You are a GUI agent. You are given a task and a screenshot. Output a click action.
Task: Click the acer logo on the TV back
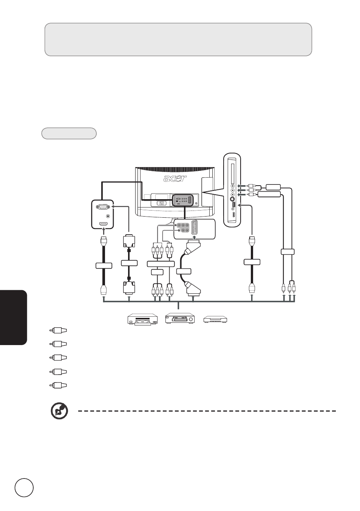click(x=175, y=178)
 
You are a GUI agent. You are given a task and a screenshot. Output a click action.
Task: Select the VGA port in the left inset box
click(x=103, y=207)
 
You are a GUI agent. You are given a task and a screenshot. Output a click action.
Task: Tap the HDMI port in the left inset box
click(x=104, y=225)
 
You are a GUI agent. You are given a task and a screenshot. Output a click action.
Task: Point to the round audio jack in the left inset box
click(x=108, y=216)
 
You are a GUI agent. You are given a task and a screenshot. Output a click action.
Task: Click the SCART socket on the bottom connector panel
click(x=195, y=227)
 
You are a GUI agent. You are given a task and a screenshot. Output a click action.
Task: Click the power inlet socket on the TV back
click(x=162, y=203)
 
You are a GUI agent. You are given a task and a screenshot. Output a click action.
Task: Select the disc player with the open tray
click(x=142, y=319)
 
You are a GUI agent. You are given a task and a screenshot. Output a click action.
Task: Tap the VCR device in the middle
click(x=180, y=318)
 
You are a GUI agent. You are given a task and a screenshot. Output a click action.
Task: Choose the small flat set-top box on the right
click(x=215, y=319)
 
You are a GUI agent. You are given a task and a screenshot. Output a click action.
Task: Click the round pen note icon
click(x=59, y=411)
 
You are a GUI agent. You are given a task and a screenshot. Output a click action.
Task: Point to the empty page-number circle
click(x=24, y=486)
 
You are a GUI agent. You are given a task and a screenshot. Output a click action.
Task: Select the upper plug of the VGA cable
click(x=129, y=241)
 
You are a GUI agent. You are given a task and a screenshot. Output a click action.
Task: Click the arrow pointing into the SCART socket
click(x=194, y=238)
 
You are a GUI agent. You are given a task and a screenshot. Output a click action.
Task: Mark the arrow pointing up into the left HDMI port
click(x=104, y=231)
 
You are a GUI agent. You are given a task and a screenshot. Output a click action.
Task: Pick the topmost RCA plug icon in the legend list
click(x=58, y=330)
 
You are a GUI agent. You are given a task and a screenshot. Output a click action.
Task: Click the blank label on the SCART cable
click(x=184, y=271)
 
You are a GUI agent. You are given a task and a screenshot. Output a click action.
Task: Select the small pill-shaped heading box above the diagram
click(x=69, y=133)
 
